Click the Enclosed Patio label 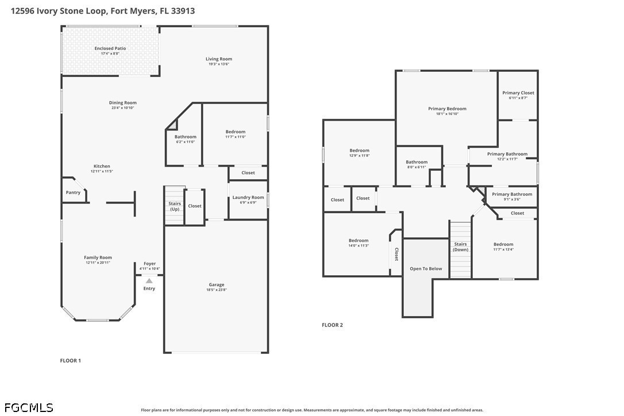coord(110,49)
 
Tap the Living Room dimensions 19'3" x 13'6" coord(218,64)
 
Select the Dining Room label coord(123,103)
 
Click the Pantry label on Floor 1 coord(73,192)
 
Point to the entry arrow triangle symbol coord(149,280)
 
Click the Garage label coord(216,284)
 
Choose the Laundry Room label coord(248,198)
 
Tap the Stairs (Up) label coord(174,206)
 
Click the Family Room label coord(98,257)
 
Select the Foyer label coord(149,264)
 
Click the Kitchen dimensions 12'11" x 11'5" coord(102,171)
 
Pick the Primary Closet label coord(518,93)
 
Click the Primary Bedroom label coord(447,109)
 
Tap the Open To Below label coord(426,268)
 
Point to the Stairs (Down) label coord(460,247)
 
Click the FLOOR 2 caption coord(332,325)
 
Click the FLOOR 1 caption coord(71,361)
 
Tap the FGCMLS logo coord(27,407)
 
